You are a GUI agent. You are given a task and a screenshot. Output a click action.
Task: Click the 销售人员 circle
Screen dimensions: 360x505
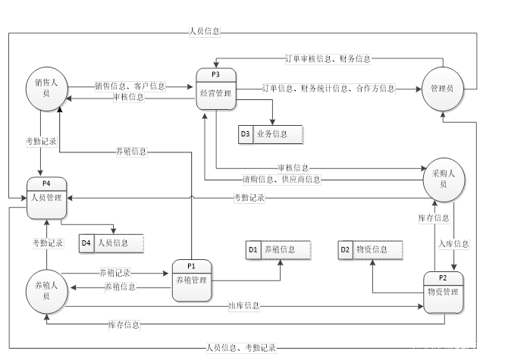[45, 88]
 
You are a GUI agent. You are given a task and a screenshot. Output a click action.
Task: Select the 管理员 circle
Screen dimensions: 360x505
[441, 89]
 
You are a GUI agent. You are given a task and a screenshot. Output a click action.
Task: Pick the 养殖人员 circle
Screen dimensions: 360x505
[45, 290]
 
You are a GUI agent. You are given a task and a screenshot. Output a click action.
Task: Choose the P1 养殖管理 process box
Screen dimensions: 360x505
[191, 280]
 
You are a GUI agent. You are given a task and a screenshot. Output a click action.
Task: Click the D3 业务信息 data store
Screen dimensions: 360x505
[271, 134]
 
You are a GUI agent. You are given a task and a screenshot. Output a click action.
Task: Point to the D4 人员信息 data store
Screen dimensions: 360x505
[111, 243]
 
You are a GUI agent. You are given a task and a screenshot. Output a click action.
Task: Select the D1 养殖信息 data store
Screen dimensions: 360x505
[279, 249]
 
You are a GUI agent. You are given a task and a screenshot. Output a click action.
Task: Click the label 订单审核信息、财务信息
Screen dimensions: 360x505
[328, 58]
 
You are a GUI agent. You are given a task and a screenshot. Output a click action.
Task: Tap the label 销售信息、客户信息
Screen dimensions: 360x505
[130, 86]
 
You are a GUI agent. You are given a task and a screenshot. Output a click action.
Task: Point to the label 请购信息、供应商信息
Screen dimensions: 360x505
[281, 180]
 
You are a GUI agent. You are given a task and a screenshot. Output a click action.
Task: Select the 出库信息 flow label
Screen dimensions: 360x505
[244, 305]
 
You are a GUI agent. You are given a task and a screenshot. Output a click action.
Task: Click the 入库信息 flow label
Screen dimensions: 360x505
[454, 244]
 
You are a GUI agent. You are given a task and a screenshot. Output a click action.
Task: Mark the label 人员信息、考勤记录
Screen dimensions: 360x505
[241, 348]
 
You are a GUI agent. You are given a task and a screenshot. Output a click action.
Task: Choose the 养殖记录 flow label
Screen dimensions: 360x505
[115, 272]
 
